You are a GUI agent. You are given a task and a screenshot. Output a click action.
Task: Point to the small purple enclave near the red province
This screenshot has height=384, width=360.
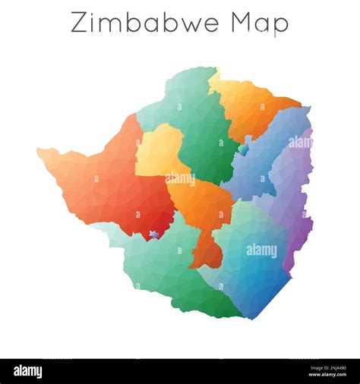(154, 234)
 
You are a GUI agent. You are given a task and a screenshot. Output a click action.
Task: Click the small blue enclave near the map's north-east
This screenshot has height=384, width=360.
(243, 150)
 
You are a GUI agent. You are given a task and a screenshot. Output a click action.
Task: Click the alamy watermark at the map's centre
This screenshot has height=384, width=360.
(180, 179)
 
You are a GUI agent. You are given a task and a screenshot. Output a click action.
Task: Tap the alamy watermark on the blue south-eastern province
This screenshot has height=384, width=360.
(261, 250)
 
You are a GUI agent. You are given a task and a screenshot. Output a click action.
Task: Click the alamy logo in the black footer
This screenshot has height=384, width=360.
(28, 372)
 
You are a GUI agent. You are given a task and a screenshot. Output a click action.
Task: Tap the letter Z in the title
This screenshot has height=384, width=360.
(79, 23)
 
